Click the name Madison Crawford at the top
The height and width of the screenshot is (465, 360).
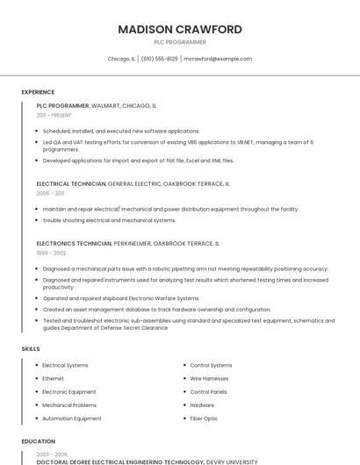click(180, 29)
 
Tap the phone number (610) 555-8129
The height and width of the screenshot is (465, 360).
click(159, 59)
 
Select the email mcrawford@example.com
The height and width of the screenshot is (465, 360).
click(218, 59)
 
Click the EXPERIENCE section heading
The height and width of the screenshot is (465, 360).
click(38, 92)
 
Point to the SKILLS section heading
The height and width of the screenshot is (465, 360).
click(31, 349)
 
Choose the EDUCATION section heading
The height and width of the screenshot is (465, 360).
click(38, 441)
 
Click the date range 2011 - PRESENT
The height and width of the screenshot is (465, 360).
click(54, 115)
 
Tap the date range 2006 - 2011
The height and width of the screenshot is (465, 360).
click(50, 193)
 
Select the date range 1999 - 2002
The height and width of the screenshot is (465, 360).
click(51, 253)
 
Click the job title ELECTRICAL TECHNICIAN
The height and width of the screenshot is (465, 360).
click(71, 184)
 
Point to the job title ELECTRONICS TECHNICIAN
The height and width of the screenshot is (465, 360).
click(74, 243)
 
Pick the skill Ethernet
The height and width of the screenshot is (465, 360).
click(53, 378)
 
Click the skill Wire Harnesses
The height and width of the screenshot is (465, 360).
click(209, 378)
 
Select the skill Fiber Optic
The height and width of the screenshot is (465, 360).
click(204, 418)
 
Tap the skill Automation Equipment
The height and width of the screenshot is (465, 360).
click(71, 418)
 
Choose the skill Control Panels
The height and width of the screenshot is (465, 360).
click(208, 391)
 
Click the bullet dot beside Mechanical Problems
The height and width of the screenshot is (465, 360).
click(35, 405)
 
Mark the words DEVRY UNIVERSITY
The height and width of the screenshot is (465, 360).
click(232, 461)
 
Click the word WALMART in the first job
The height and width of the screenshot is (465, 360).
click(106, 105)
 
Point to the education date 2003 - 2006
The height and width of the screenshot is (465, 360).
click(51, 454)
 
